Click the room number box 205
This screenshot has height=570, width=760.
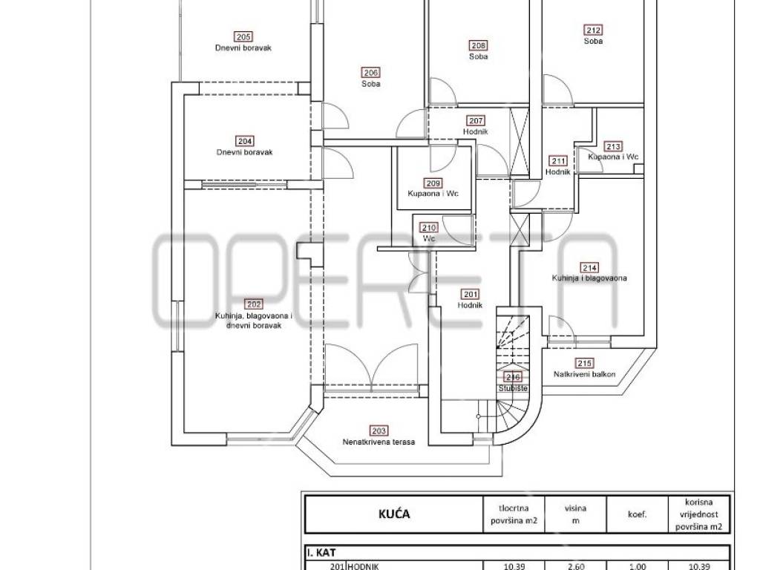pos(243,37)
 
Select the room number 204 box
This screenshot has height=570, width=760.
pos(245,141)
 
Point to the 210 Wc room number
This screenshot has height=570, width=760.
pos(430,227)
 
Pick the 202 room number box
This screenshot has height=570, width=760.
pos(254,304)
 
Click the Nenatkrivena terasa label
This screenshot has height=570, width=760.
pos(379,442)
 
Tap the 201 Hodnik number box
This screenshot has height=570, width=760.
pos(470,294)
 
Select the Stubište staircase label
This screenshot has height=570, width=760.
pos(513,388)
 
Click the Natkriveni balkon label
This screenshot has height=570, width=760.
pos(585,374)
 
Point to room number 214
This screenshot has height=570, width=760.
pos(589,267)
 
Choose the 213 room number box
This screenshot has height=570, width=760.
pos(613,146)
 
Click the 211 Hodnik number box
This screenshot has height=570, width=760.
pos(558,161)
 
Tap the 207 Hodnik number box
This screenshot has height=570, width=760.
pos(476,121)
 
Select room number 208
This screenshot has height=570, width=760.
pos(479,45)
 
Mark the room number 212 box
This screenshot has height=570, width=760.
pos(593,30)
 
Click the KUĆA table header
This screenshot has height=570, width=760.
pos(394,514)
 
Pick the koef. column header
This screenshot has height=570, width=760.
pos(637,515)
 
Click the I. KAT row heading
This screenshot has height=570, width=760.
pos(321,552)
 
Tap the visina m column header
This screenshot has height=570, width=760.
pos(575,514)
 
